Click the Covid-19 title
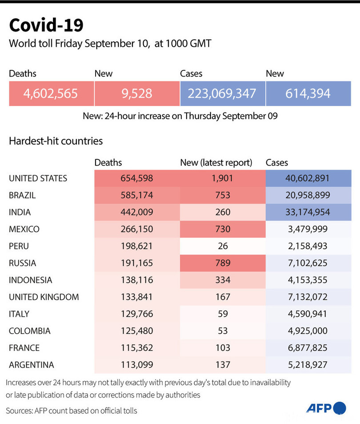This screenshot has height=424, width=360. tap(46, 25)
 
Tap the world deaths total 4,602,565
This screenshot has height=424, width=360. tap(52, 93)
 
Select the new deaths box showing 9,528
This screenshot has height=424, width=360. tap(136, 93)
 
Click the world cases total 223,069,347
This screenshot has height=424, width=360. tap(222, 93)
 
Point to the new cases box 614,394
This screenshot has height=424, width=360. tap(308, 93)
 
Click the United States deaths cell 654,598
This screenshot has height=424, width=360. tap(136, 178)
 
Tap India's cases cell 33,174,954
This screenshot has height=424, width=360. tap(308, 212)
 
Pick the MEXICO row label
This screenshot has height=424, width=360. tap(24, 230)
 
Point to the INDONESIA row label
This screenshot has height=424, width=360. tap(31, 280)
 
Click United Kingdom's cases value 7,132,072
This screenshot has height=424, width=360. tap(308, 297)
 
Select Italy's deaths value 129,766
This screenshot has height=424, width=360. tap(136, 314)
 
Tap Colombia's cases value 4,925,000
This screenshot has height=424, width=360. tap(308, 331)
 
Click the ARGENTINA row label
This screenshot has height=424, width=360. tap(32, 365)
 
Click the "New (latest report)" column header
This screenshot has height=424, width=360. tap(216, 163)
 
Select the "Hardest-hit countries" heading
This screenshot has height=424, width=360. tap(56, 141)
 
